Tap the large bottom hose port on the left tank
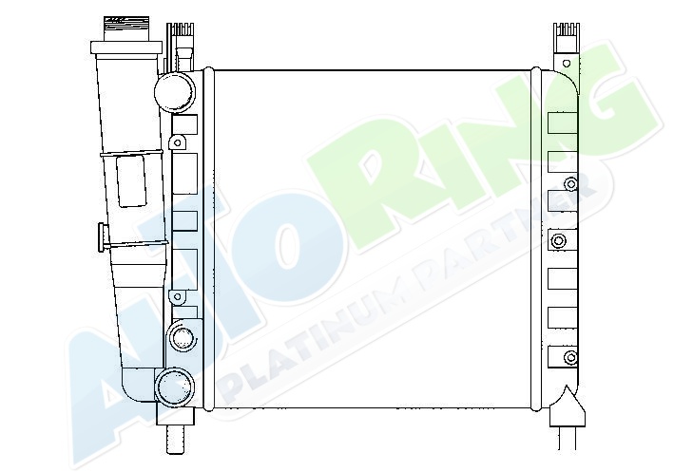tap(175, 387)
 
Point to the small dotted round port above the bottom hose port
tap(183, 336)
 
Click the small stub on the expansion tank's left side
tap(104, 237)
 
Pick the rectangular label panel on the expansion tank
tap(131, 181)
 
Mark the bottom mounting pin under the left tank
tap(175, 438)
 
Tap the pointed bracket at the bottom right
tap(568, 406)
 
